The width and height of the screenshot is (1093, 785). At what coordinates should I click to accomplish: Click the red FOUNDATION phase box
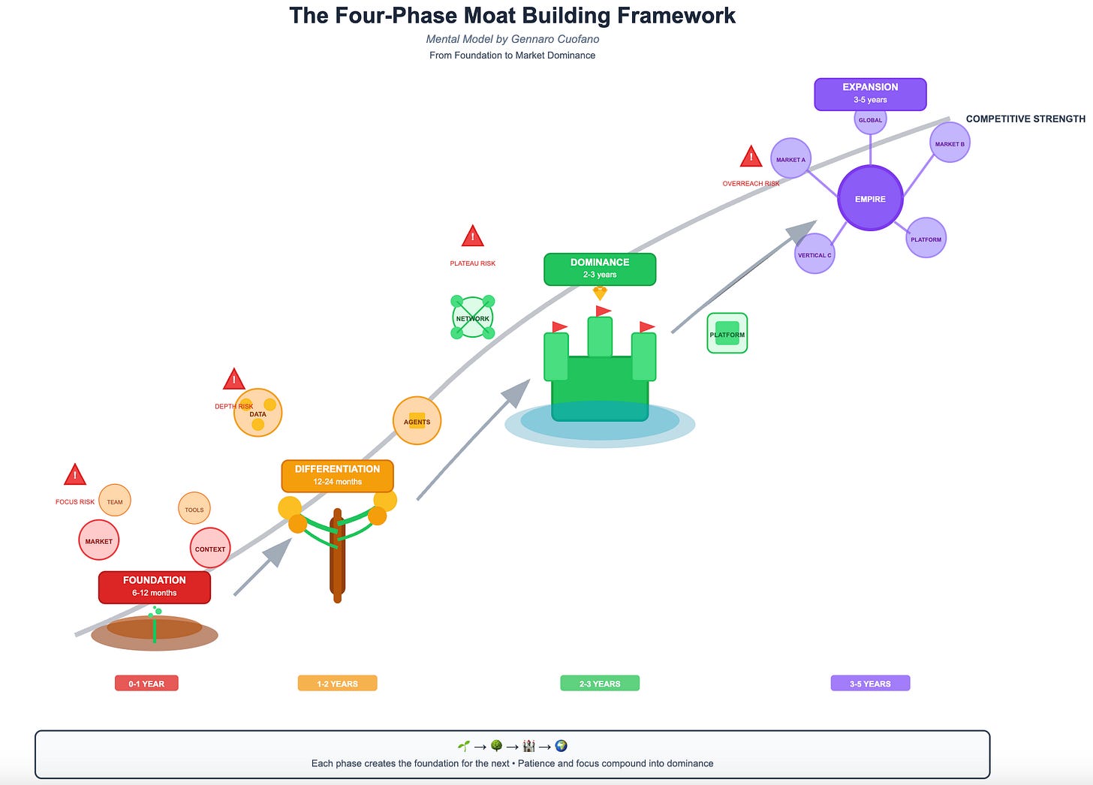155,587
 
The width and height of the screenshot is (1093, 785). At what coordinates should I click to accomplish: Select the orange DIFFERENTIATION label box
337,476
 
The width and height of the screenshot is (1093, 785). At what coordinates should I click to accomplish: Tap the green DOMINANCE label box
600,269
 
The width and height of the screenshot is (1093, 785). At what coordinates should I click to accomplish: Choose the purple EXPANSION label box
870,94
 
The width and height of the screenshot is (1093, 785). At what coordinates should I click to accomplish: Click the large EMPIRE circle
870,199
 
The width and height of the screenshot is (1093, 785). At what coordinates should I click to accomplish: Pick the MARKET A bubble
790,159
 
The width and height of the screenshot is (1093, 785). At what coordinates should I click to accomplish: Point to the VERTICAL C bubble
814,254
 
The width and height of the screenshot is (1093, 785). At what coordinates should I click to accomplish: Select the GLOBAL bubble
870,120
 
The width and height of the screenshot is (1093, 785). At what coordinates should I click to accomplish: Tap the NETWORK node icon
472,318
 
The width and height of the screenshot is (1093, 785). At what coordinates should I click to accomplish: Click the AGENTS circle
417,421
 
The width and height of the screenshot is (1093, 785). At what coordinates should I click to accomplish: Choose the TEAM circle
115,501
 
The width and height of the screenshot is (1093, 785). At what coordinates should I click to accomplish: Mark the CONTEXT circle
210,549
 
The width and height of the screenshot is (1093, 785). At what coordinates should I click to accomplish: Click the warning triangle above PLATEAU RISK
472,236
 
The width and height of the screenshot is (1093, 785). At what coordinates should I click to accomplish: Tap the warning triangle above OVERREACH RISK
751,157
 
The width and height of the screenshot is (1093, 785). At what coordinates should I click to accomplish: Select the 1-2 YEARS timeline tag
337,683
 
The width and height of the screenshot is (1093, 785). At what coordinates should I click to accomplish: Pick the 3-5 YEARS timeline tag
870,683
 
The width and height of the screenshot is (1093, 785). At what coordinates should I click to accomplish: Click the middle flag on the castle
603,311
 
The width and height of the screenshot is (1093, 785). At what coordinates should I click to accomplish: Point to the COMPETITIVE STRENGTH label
1025,119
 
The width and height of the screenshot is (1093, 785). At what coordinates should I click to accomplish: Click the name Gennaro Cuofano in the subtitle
556,39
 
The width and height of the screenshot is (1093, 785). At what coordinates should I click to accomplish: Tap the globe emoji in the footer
561,746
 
